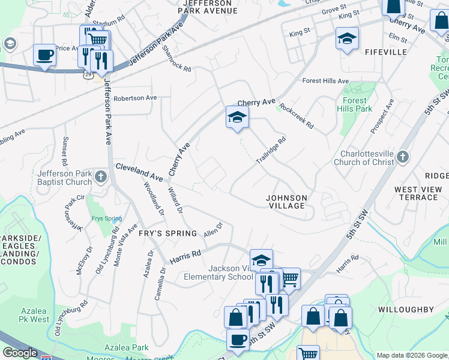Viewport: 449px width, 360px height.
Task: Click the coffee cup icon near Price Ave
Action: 45,56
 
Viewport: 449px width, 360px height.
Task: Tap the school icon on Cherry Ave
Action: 237,116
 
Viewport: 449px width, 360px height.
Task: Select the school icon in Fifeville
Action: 347,39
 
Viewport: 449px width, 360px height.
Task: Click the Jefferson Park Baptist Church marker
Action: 101,178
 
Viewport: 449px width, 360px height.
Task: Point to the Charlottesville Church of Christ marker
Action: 402,157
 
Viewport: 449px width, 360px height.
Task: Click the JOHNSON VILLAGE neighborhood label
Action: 287,202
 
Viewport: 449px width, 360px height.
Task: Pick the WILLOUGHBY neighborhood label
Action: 406,310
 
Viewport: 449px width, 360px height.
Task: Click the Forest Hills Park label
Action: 358,104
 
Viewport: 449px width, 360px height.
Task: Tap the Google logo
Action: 20,353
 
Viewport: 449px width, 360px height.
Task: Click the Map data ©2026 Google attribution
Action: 412,355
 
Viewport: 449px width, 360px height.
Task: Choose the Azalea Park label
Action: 126,347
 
